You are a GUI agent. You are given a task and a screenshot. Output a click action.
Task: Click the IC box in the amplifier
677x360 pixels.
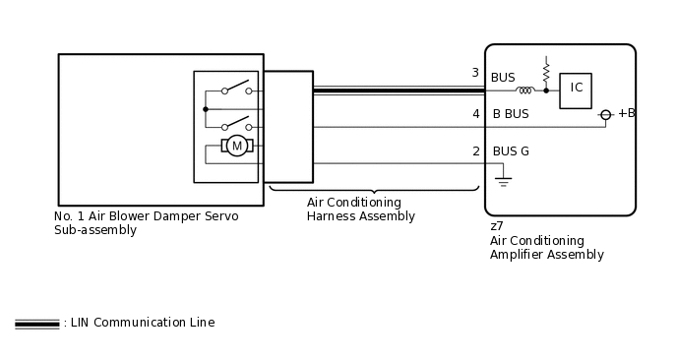pos(576,89)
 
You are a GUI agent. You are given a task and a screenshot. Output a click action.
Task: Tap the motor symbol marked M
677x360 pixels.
pos(236,146)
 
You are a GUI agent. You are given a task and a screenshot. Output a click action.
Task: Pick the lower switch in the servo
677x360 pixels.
pos(236,124)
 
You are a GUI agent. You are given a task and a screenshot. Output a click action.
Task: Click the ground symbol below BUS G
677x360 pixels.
pos(503,182)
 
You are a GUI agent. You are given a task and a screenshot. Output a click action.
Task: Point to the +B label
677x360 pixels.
pos(626,114)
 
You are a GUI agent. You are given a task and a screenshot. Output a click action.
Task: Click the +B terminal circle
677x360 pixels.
pos(606,115)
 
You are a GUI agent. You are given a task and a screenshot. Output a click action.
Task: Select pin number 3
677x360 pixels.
pos(475,74)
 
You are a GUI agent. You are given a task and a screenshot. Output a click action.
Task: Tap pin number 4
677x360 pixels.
pos(475,114)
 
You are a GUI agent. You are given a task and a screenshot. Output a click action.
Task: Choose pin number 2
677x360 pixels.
pos(475,151)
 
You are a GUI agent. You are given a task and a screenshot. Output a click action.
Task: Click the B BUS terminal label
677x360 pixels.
pos(511,114)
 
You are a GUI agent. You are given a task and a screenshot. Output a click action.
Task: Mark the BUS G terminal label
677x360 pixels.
pos(511,151)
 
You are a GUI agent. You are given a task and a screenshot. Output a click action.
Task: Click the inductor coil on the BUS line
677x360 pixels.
pos(524,90)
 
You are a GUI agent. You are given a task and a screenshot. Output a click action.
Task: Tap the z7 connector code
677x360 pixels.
pos(497,226)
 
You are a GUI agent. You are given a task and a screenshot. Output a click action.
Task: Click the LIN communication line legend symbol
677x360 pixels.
pos(36,324)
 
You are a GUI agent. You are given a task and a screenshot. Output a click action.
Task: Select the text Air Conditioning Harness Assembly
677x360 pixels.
pos(361,210)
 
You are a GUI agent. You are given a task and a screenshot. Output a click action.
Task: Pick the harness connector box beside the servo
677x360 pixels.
pos(287,126)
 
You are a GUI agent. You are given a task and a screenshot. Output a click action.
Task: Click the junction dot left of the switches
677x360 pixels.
pos(205,109)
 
